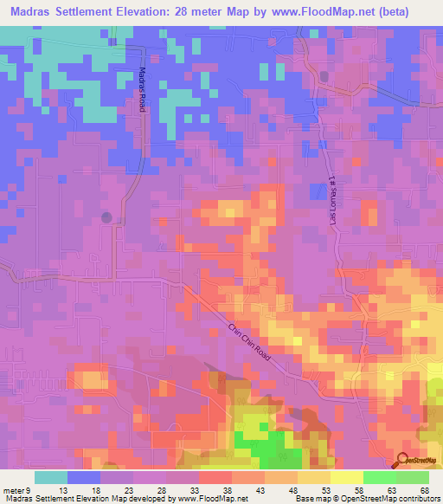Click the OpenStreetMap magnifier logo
tap(402, 459)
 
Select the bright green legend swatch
tap(379, 477)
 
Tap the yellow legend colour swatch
tap(313, 477)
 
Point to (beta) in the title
tap(409, 12)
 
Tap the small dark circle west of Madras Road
tap(107, 217)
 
